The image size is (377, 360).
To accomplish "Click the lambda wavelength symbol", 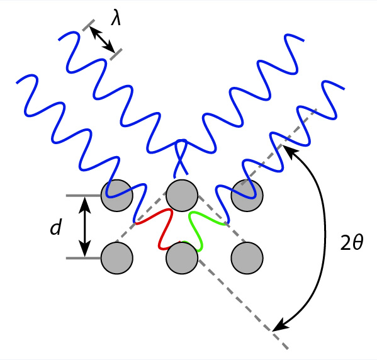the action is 116,18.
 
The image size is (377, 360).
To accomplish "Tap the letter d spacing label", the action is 56,227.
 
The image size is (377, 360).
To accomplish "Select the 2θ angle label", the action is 352,242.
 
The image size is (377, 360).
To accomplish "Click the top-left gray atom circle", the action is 117,196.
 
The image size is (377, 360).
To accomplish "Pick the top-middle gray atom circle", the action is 182,196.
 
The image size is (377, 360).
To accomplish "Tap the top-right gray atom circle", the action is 247,196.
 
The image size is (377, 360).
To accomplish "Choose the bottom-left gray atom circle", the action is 117,258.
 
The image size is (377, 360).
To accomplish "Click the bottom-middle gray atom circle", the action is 182,258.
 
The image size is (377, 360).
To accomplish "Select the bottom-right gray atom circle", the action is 247,258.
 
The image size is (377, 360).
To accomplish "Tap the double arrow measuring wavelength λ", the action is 102,40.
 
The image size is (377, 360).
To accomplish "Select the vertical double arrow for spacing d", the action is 85,227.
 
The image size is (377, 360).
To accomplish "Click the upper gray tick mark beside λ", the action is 89,25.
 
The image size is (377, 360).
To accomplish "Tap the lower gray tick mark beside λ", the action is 116,54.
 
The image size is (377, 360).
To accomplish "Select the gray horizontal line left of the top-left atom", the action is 84,196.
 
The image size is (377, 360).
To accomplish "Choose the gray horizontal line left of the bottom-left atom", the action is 84,258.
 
